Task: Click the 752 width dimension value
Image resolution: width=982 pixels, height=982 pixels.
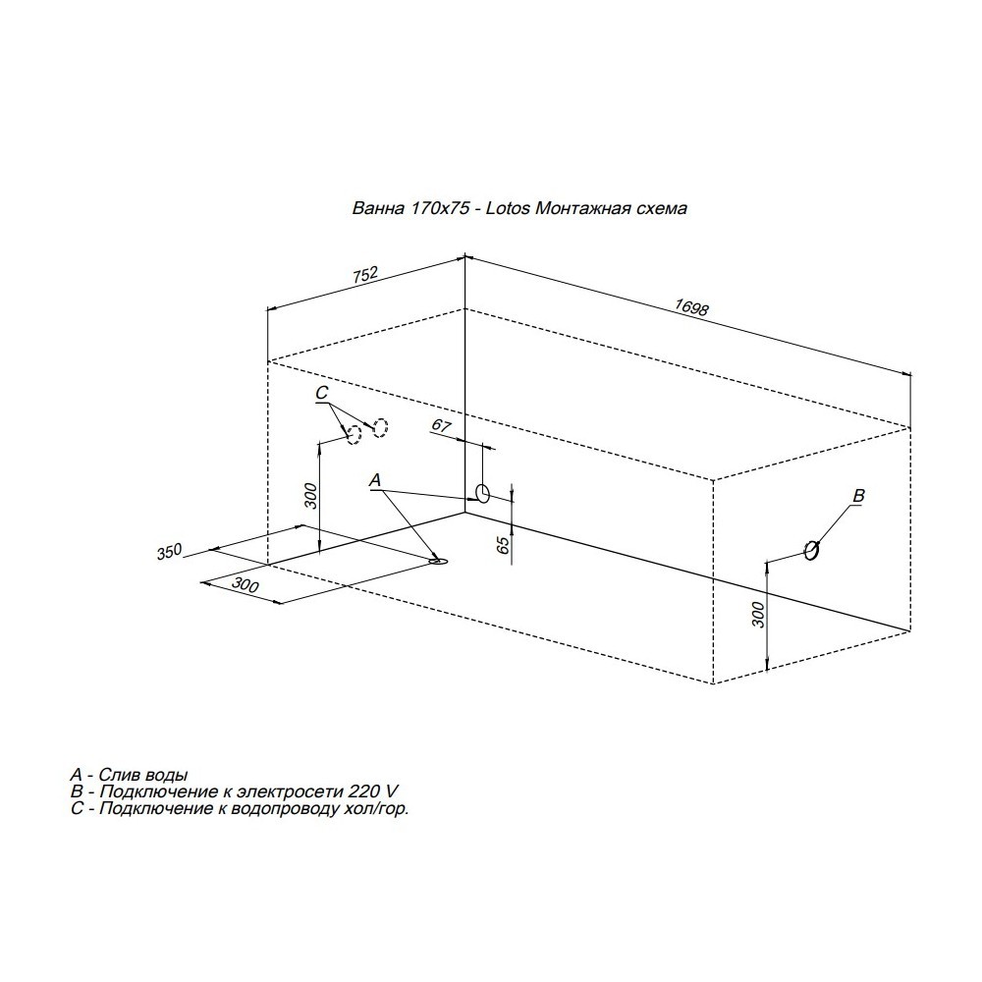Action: coord(365,276)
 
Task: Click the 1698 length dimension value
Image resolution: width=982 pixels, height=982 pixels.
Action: coord(691,306)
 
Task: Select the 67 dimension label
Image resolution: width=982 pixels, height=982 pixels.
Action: coord(442,426)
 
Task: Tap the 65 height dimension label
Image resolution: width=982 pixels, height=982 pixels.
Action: coord(502,545)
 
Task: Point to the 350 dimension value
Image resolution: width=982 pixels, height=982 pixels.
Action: coord(169,552)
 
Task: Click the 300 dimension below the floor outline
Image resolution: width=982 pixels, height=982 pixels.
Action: coord(245,585)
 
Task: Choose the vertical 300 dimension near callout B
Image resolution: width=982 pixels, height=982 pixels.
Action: coord(758,615)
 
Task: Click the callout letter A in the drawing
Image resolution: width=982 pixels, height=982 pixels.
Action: coord(374,480)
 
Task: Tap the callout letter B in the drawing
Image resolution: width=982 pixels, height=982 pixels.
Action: coord(858,495)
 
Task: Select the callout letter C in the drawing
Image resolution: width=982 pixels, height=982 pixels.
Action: coord(321,393)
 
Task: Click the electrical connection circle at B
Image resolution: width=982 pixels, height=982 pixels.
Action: coord(811,550)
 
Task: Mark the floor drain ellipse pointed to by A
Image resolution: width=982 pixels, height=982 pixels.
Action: coord(439,561)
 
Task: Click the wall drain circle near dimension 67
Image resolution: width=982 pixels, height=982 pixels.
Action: coord(483,494)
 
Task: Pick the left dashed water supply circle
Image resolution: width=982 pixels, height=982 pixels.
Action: coord(355,435)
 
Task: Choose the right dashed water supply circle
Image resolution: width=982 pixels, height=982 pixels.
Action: coord(381,427)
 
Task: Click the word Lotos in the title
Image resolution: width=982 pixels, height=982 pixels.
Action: coord(508,208)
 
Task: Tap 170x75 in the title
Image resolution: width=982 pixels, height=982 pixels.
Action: coord(440,208)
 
